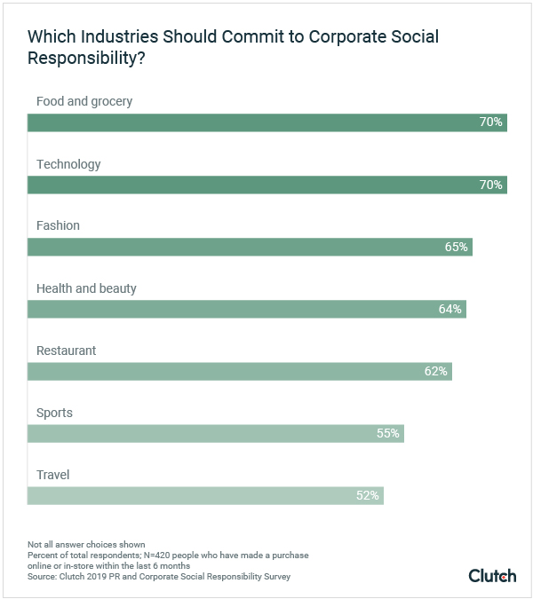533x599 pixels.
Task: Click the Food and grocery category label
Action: (x=84, y=101)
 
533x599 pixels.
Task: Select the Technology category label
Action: (x=68, y=164)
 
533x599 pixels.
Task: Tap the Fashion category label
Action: (x=58, y=225)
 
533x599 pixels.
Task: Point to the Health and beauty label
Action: (x=86, y=288)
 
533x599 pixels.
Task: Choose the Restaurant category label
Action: (x=66, y=351)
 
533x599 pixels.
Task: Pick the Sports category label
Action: (x=54, y=413)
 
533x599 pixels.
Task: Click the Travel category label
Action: (x=52, y=475)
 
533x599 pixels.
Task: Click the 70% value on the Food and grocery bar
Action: (x=491, y=122)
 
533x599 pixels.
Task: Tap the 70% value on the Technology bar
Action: (x=491, y=185)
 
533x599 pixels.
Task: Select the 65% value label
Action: (x=457, y=247)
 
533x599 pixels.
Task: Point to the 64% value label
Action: (x=450, y=309)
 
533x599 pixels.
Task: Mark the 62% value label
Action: (x=436, y=371)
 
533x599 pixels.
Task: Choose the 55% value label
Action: (x=388, y=433)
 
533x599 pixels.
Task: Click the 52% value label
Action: (x=368, y=495)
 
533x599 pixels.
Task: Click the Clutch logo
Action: (x=492, y=575)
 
